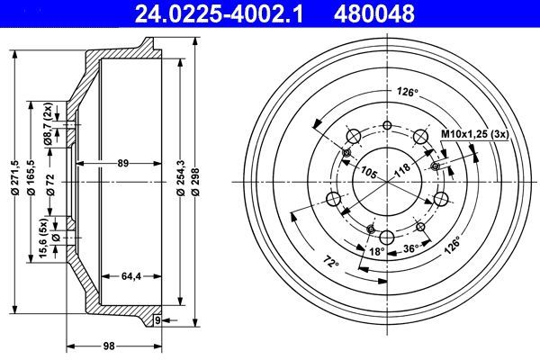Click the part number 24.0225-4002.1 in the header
(x=219, y=13)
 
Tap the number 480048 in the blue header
(x=374, y=13)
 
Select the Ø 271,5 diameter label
(x=14, y=178)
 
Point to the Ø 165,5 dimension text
(x=31, y=178)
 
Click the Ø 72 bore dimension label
(x=50, y=184)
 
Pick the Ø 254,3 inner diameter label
(x=181, y=178)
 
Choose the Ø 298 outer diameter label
(x=196, y=182)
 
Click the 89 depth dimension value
(x=123, y=163)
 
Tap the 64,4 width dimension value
(x=132, y=276)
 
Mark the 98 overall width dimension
(x=109, y=346)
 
